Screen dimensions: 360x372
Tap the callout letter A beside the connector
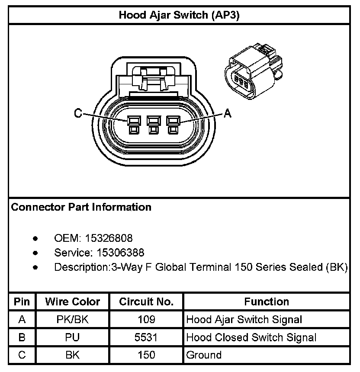coord(228,113)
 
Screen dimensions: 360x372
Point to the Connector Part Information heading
coord(81,207)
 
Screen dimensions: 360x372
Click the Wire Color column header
coord(72,301)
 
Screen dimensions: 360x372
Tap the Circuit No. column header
coord(146,301)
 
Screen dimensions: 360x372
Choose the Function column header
coord(267,301)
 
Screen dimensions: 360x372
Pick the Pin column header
coord(22,301)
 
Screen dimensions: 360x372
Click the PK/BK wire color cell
coord(72,320)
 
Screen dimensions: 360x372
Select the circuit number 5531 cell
coord(146,337)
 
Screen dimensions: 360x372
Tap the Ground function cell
coord(203,355)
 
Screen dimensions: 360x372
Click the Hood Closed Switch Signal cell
coord(251,337)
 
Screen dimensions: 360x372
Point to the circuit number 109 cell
coord(146,320)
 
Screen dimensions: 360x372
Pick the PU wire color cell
coord(72,337)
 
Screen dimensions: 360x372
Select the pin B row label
coord(22,337)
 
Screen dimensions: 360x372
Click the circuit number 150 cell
coord(146,355)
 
